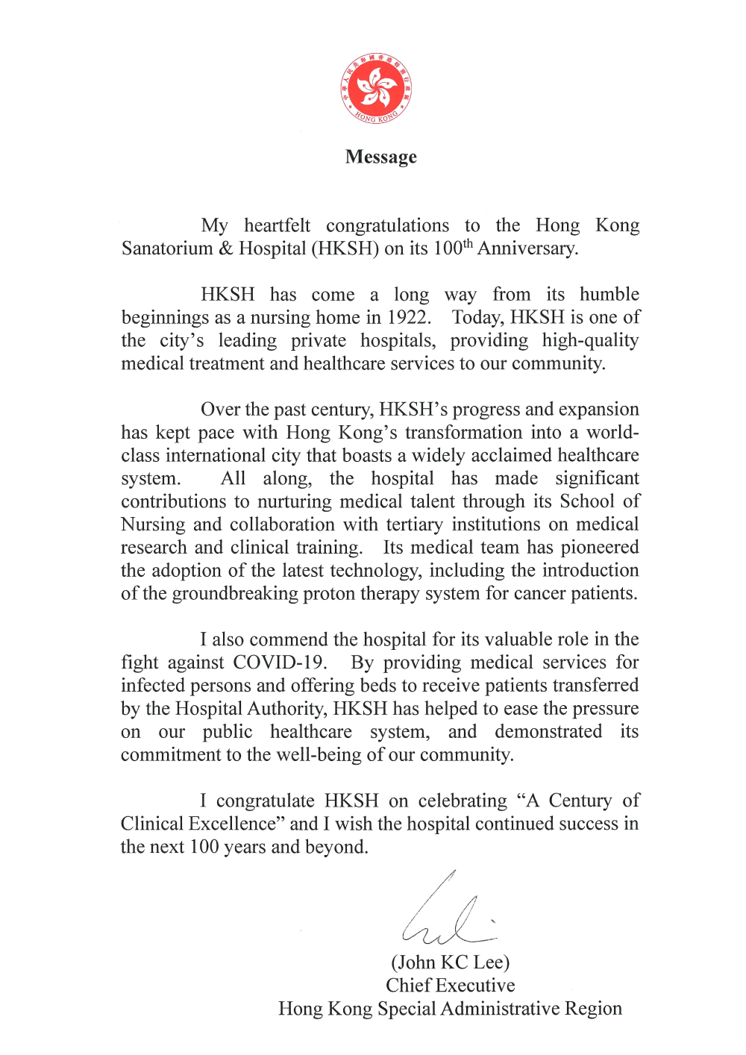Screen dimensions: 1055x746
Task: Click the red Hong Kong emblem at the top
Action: point(376,88)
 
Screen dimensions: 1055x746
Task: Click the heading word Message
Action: point(380,157)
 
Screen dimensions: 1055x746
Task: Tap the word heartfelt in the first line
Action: point(277,225)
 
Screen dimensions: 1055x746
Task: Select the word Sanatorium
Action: point(167,248)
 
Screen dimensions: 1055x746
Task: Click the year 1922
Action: point(407,317)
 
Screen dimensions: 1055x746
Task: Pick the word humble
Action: point(609,294)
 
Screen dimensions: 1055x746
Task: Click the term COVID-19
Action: point(279,663)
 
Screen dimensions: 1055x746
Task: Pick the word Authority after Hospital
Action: point(285,709)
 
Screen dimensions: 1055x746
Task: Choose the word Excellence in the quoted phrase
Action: point(234,824)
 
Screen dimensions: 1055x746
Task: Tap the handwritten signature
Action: point(448,914)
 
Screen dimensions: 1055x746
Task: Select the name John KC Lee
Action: point(451,962)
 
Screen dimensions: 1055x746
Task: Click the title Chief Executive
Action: point(451,986)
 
